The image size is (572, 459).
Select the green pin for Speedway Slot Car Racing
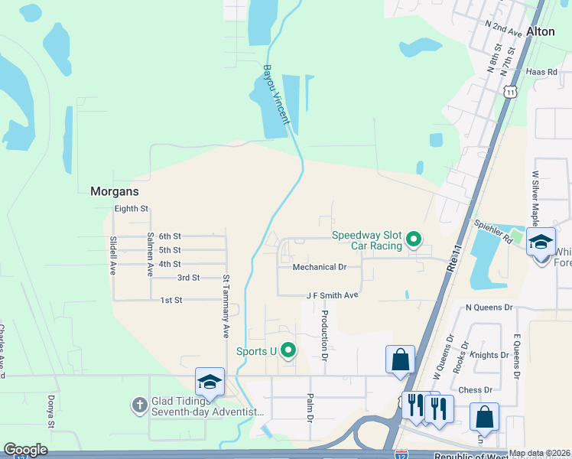pyautogui.click(x=414, y=240)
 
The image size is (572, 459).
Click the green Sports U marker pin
pyautogui.click(x=288, y=350)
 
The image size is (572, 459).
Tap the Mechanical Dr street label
pyautogui.click(x=320, y=267)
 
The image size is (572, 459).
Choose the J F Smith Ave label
pyautogui.click(x=332, y=295)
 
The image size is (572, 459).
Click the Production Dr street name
pyautogui.click(x=324, y=335)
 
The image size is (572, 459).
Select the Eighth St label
pyautogui.click(x=131, y=208)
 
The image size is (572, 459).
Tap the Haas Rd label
pyautogui.click(x=542, y=71)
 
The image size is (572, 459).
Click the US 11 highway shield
pyautogui.click(x=511, y=91)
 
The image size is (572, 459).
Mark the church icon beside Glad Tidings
pyautogui.click(x=139, y=405)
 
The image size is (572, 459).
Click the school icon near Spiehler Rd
pyautogui.click(x=541, y=241)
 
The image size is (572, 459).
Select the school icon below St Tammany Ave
pyautogui.click(x=210, y=382)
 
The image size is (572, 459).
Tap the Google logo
pyautogui.click(x=25, y=450)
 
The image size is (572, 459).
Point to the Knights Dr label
pyautogui.click(x=489, y=355)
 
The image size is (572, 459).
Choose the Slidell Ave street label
pyautogui.click(x=113, y=254)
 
